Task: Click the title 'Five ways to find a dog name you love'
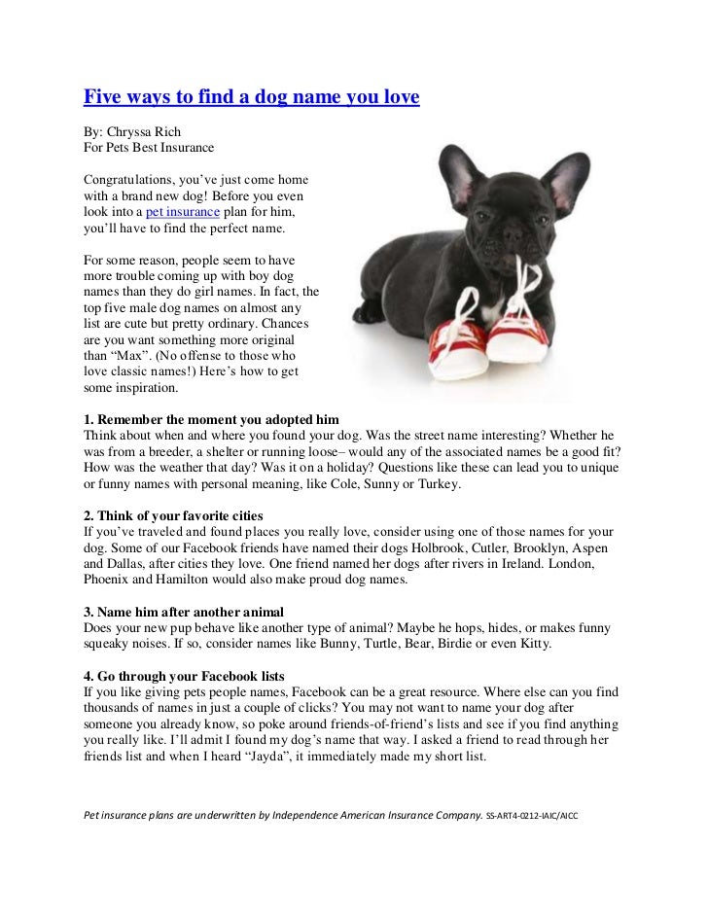click(x=251, y=97)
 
